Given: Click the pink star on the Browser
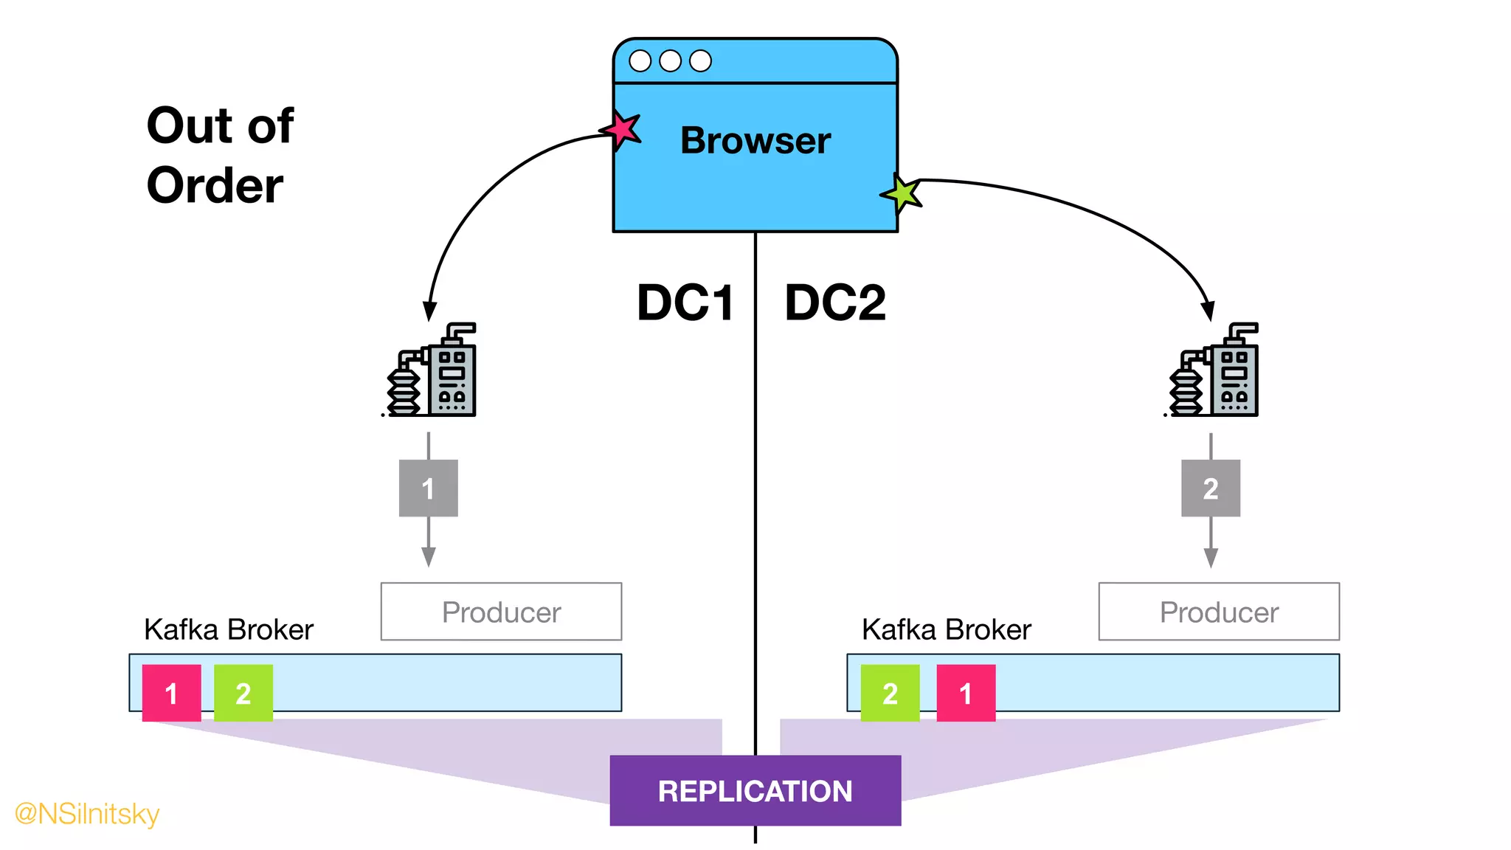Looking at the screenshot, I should (x=622, y=131).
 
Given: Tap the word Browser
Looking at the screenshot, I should (x=755, y=140).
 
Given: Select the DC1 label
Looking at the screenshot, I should (x=685, y=303).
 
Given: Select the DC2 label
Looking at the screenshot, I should (x=835, y=303).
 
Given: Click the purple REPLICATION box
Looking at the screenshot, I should (x=755, y=790).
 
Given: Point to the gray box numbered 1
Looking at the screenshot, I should (x=428, y=488).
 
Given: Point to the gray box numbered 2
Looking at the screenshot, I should (x=1210, y=488).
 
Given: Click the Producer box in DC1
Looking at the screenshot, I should (x=501, y=612).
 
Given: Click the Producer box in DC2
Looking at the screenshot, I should (x=1219, y=612).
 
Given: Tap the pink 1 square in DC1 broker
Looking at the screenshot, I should (x=171, y=693).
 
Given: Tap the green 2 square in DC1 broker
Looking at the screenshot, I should (x=243, y=693).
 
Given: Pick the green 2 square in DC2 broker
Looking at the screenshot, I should (x=890, y=693).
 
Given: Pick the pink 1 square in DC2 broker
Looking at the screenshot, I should (x=966, y=693).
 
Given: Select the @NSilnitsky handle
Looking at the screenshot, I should (x=87, y=813).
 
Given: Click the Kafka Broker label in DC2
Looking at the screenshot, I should (x=946, y=629).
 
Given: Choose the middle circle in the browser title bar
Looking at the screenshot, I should (x=670, y=61).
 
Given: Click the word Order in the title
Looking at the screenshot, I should (x=215, y=184).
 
